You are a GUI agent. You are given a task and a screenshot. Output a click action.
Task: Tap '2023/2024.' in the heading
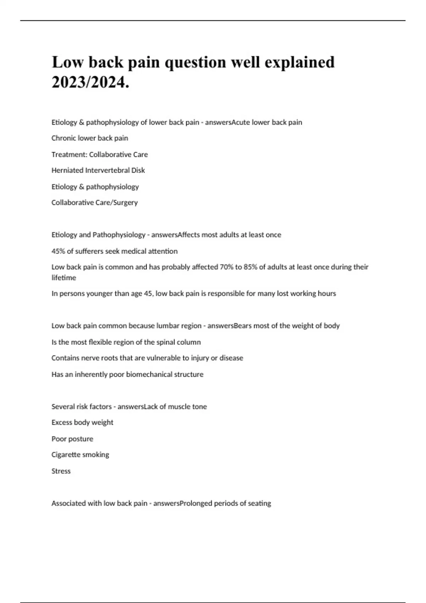pyautogui.click(x=91, y=83)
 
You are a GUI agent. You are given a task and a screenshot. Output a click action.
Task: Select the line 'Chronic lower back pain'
pyautogui.click(x=89, y=138)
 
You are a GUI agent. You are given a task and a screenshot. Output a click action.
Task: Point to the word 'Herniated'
pyautogui.click(x=67, y=170)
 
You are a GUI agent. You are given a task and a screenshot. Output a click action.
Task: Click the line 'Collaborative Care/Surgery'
pyautogui.click(x=94, y=203)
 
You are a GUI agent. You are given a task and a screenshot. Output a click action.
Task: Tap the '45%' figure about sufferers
pyautogui.click(x=58, y=251)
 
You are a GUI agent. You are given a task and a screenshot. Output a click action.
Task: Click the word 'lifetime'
pyautogui.click(x=64, y=278)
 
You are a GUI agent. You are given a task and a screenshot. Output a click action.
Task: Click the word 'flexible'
pyautogui.click(x=101, y=342)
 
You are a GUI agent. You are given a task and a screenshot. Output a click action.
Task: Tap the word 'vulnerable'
pyautogui.click(x=163, y=358)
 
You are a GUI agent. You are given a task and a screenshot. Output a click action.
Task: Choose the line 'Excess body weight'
pyautogui.click(x=82, y=422)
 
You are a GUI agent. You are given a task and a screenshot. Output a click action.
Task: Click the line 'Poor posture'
pyautogui.click(x=72, y=439)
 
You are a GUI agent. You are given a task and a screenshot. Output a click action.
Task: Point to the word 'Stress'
pyautogui.click(x=61, y=471)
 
